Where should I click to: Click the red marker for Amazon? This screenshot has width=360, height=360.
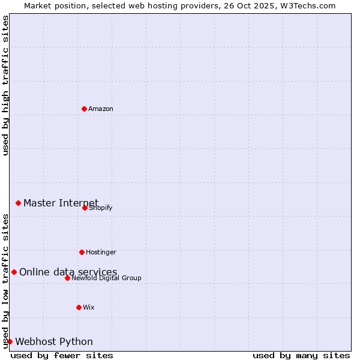click(x=84, y=109)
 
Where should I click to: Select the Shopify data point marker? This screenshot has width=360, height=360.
click(x=85, y=208)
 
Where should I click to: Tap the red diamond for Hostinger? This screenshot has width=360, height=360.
click(x=82, y=252)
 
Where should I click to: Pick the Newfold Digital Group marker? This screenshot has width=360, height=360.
click(x=67, y=278)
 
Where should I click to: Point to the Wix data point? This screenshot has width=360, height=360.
click(x=79, y=307)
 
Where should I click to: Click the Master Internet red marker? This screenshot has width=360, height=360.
click(x=18, y=203)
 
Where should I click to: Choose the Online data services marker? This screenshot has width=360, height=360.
click(x=14, y=272)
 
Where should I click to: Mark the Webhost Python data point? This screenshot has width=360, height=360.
click(x=10, y=341)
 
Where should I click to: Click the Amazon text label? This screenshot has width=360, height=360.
click(x=101, y=109)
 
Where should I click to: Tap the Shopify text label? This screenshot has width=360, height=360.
click(x=101, y=208)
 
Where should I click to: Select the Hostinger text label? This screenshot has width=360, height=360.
click(x=101, y=252)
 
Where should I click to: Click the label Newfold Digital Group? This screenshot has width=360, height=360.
click(x=106, y=278)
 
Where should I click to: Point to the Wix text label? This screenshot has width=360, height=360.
click(x=89, y=307)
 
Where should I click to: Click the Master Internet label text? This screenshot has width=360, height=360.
click(x=61, y=203)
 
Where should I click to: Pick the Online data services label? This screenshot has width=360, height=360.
click(x=68, y=272)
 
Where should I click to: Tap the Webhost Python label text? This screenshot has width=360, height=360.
click(x=54, y=342)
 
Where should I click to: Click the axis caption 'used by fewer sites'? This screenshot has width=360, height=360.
click(x=62, y=356)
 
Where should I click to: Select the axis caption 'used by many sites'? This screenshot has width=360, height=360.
click(x=301, y=356)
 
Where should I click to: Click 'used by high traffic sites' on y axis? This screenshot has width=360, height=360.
click(x=5, y=85)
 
